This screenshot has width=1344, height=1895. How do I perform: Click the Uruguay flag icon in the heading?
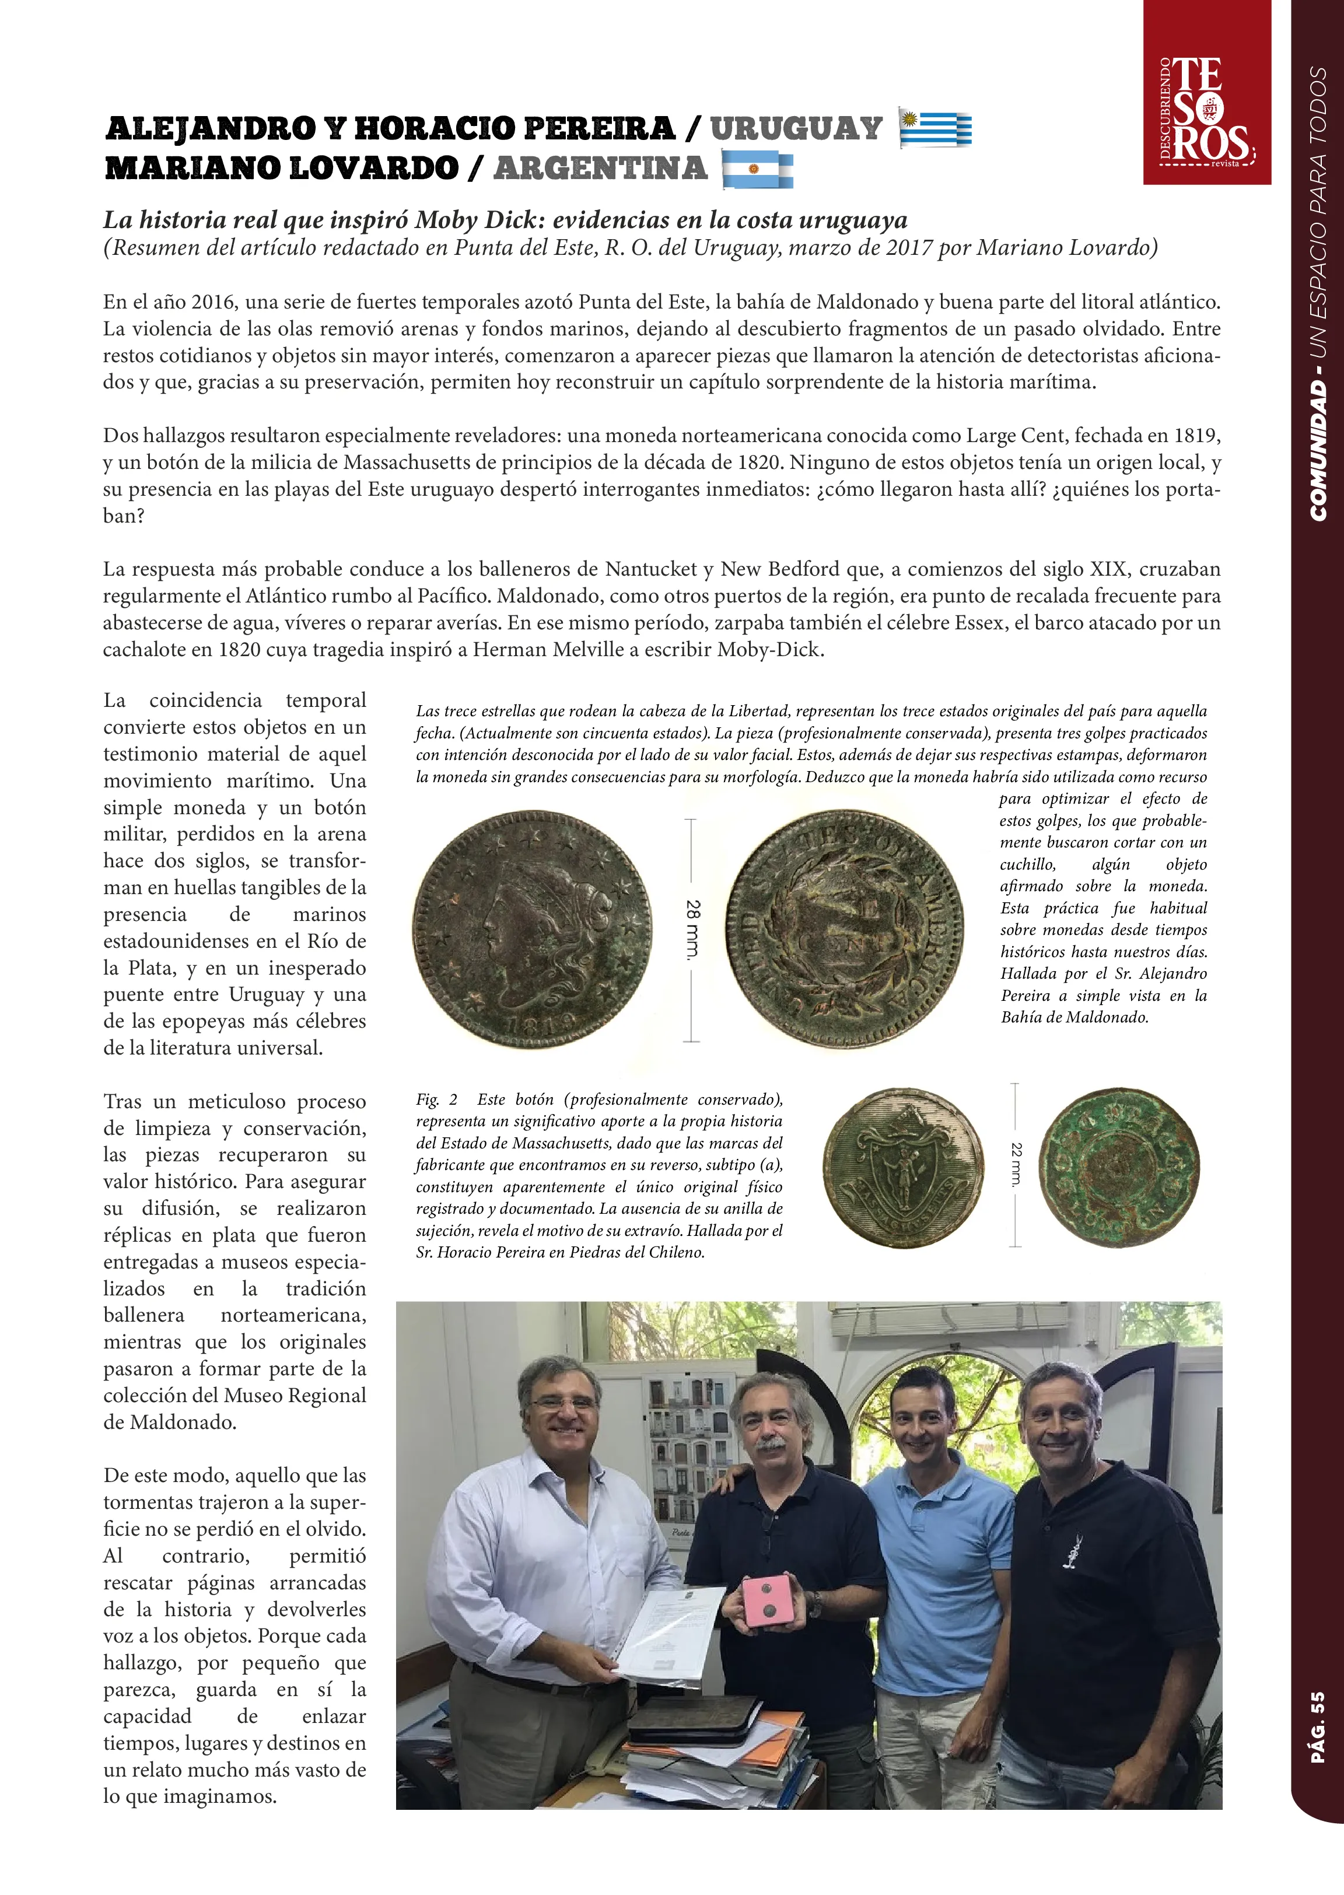point(935,128)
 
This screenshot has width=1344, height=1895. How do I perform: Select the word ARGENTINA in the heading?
point(600,169)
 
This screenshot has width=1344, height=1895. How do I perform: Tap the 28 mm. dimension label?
point(692,929)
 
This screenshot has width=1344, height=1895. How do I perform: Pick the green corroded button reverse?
point(1118,1167)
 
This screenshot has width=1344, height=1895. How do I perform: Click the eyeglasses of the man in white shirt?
point(563,1403)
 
